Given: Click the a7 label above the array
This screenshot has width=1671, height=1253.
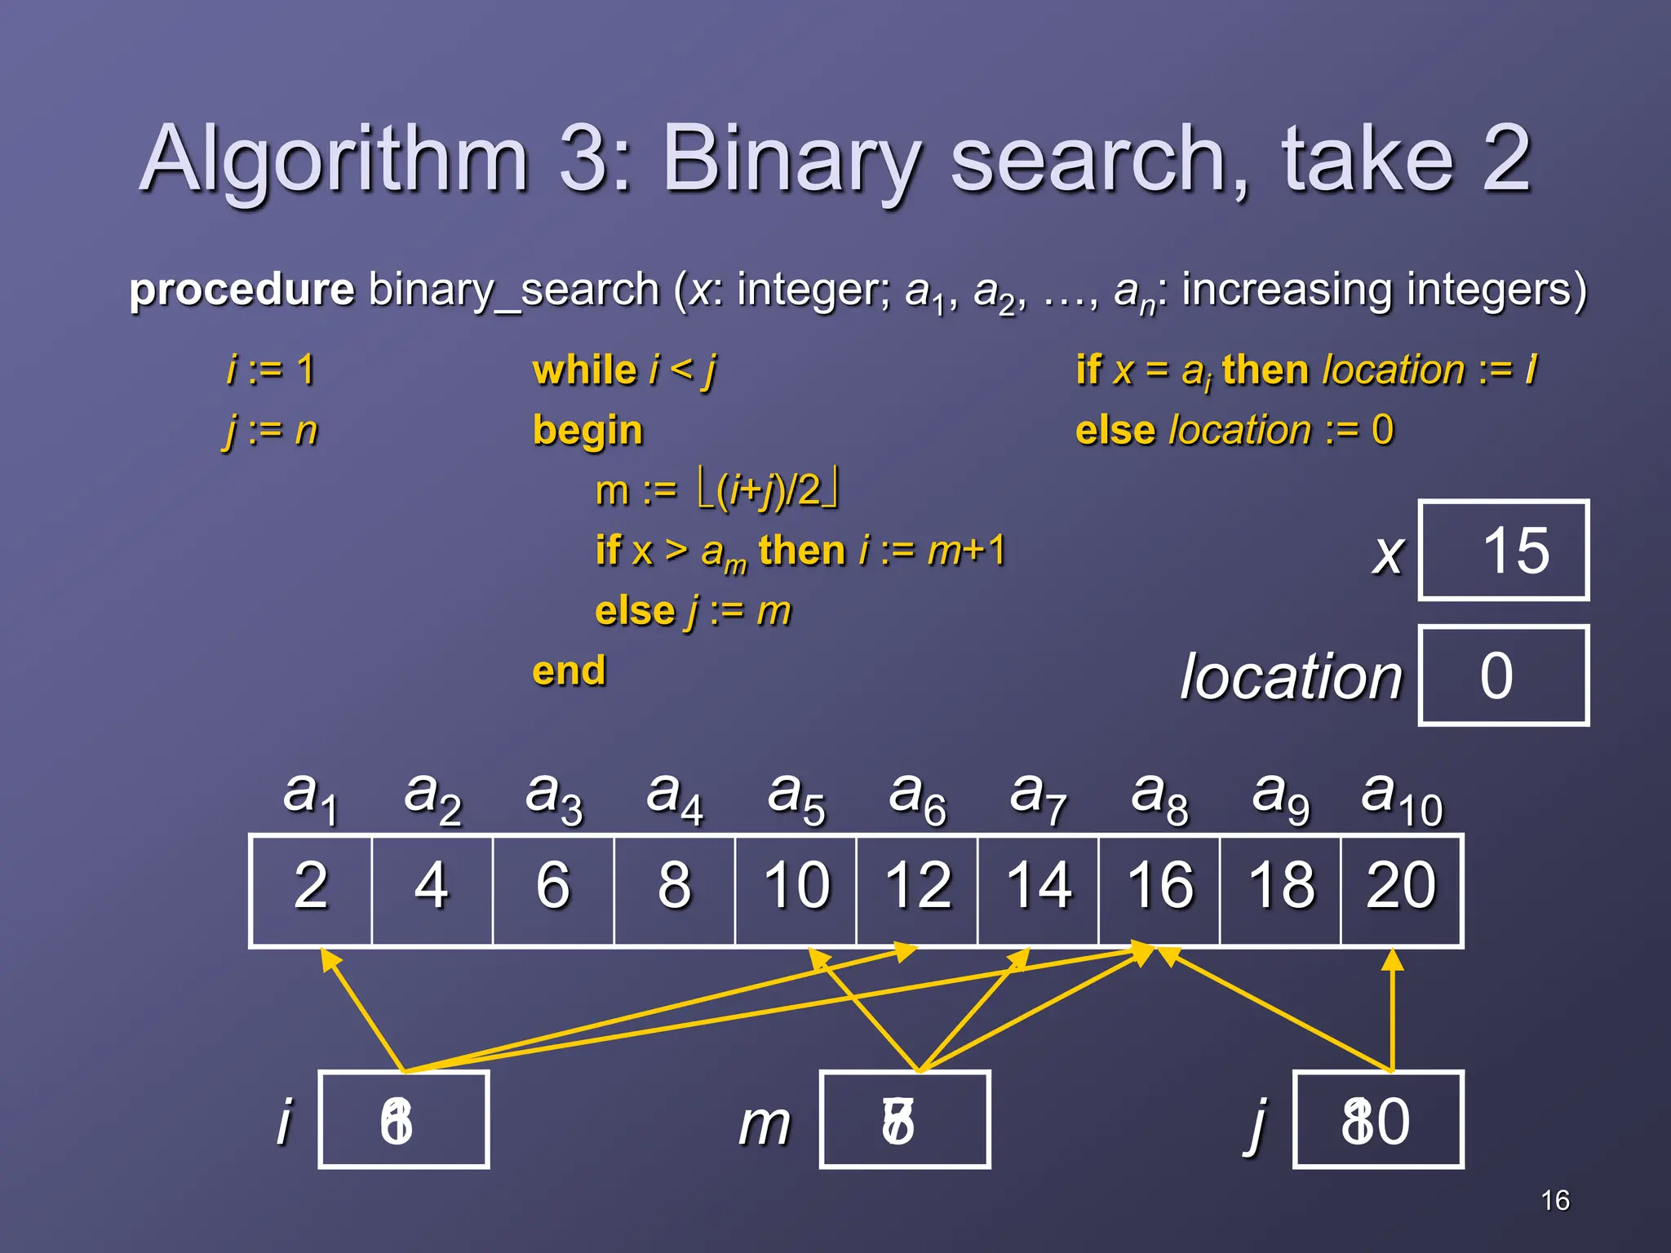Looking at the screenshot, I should [1037, 797].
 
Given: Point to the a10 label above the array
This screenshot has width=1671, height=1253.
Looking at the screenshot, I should [1402, 797].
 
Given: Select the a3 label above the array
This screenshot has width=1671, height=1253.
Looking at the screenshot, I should [554, 797].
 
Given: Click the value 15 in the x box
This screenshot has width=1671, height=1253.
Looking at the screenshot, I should [1514, 551].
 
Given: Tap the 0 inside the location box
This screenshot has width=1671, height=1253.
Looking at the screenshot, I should [1496, 676].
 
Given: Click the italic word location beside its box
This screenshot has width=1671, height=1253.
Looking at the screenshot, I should [1291, 677].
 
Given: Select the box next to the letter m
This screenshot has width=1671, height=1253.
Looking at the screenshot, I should [905, 1120].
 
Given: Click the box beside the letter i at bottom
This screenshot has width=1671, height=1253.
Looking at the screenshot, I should [404, 1120].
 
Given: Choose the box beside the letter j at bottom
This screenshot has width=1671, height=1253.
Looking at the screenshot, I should [1378, 1120].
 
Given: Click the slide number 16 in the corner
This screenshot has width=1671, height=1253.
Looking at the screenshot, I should [1555, 1200].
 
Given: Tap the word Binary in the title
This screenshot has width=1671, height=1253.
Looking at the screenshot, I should [792, 159].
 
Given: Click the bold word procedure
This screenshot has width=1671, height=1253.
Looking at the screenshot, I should [242, 290].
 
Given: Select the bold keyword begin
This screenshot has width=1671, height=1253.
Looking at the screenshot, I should [587, 431].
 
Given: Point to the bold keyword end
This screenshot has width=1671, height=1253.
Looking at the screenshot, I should [569, 671].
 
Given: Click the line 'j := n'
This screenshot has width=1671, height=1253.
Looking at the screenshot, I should [270, 431].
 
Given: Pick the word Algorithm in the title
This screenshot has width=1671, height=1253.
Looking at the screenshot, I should [335, 159].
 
